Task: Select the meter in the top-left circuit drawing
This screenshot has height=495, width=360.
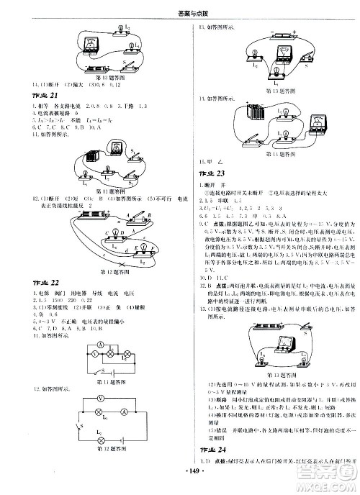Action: (x=93, y=41)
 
